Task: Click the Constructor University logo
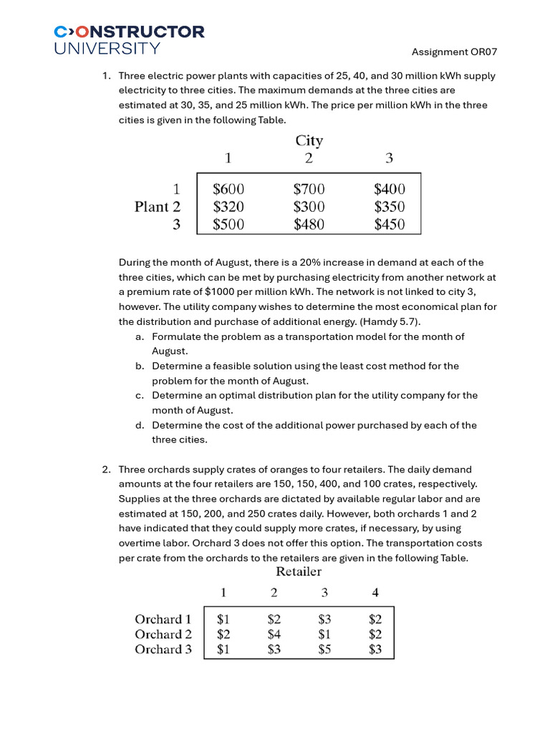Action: pos(129,39)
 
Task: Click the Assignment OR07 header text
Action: pos(454,52)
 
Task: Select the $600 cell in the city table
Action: pos(228,189)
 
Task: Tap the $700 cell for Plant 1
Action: pos(309,189)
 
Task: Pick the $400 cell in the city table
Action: pos(389,189)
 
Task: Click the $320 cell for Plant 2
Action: pos(228,207)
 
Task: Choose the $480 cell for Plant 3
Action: pos(309,225)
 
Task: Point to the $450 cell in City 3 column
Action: pos(389,225)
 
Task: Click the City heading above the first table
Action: pos(309,140)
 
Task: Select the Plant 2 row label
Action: pos(158,207)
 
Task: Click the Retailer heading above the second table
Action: pos(299,571)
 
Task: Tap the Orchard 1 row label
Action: pos(163,619)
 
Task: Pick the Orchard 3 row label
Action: pos(163,649)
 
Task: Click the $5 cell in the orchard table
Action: pos(324,649)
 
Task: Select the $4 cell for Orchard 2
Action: pos(274,634)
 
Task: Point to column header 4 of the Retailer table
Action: pos(375,593)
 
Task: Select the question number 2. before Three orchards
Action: pos(106,470)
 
